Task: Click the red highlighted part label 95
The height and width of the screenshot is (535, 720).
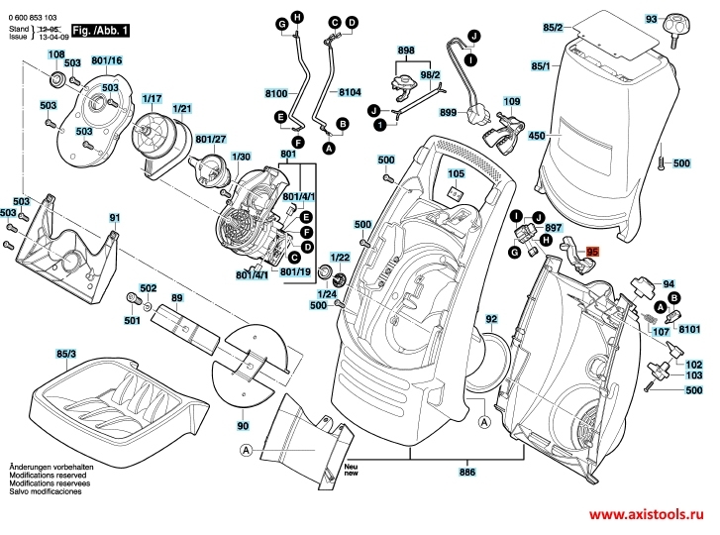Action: click(x=593, y=253)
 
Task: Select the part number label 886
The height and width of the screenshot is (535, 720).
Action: click(x=467, y=475)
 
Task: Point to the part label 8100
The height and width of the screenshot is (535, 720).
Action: click(x=275, y=94)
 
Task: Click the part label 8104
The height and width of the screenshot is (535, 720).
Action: click(x=350, y=94)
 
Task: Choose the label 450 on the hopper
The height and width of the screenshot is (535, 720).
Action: click(x=537, y=135)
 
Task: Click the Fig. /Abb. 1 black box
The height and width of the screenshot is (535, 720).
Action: click(x=101, y=33)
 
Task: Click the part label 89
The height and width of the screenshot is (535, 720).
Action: click(x=177, y=297)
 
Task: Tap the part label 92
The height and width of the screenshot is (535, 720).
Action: click(x=491, y=319)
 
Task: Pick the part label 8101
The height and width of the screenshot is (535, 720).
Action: click(x=689, y=328)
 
